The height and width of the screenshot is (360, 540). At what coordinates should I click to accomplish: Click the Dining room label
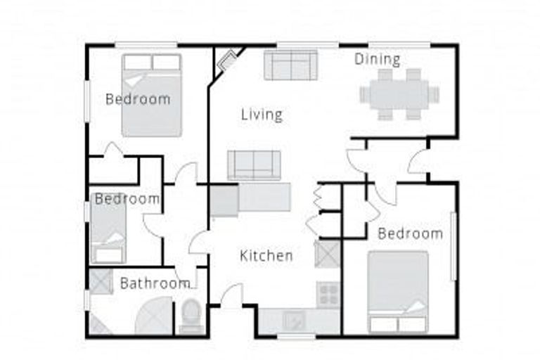[377, 59]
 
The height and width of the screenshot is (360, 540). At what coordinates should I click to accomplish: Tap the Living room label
[262, 114]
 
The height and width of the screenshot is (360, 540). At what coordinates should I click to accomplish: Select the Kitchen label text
[266, 255]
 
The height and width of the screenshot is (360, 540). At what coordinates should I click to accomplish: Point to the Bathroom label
[155, 283]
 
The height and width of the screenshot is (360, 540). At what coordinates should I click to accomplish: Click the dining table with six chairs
[399, 94]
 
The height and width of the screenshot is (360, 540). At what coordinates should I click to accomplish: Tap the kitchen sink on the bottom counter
[295, 320]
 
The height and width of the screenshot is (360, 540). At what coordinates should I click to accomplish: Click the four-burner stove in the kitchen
[328, 293]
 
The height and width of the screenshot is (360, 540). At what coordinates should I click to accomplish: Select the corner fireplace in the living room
[228, 60]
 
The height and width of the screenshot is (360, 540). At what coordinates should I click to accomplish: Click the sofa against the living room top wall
[291, 65]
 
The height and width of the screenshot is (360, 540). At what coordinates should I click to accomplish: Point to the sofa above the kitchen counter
[254, 165]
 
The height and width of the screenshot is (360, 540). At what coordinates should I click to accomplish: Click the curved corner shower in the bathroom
[153, 315]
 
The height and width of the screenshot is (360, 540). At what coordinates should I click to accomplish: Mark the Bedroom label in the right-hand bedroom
[410, 233]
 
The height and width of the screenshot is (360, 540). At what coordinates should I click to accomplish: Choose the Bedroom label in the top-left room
[138, 99]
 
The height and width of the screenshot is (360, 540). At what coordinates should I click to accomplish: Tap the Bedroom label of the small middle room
[127, 199]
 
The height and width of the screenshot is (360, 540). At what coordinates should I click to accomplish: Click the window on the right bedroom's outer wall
[454, 246]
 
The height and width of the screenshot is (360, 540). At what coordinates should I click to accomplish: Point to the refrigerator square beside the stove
[327, 254]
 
